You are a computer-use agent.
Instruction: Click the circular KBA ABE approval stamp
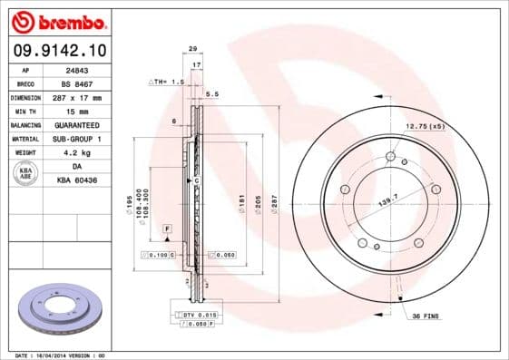(x=26, y=173)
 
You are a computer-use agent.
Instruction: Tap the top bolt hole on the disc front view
(x=390, y=156)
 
